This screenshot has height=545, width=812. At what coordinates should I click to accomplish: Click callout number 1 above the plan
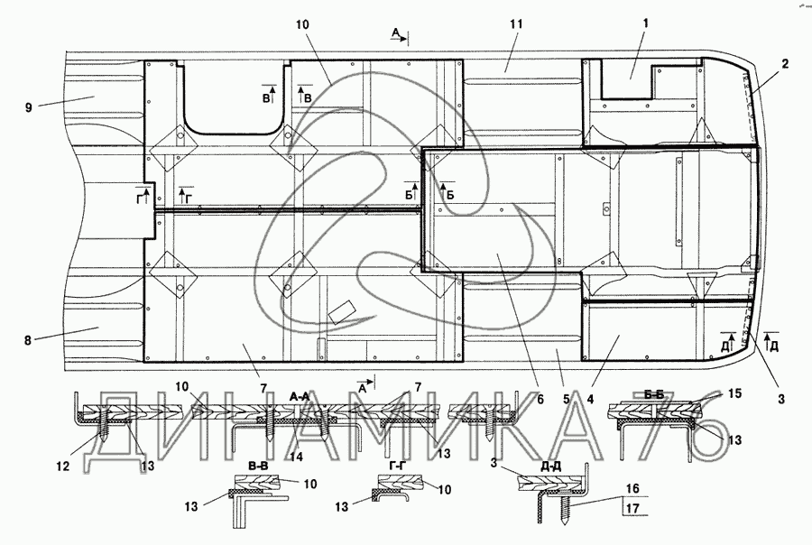[646, 23]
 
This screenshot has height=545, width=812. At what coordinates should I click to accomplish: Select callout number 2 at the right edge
[785, 64]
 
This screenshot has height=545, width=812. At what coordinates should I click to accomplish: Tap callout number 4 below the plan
[590, 400]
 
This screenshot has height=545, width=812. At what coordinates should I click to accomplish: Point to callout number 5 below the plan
[567, 400]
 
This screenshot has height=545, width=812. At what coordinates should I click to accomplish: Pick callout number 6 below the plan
[540, 400]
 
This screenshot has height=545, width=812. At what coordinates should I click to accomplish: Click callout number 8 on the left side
[28, 340]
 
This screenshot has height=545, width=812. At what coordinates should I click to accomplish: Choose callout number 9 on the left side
[28, 107]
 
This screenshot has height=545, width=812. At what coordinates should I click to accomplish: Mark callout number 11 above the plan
[516, 23]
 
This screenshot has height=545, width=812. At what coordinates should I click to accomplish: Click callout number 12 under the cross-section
[63, 466]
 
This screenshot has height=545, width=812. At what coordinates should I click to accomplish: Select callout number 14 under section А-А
[296, 457]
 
